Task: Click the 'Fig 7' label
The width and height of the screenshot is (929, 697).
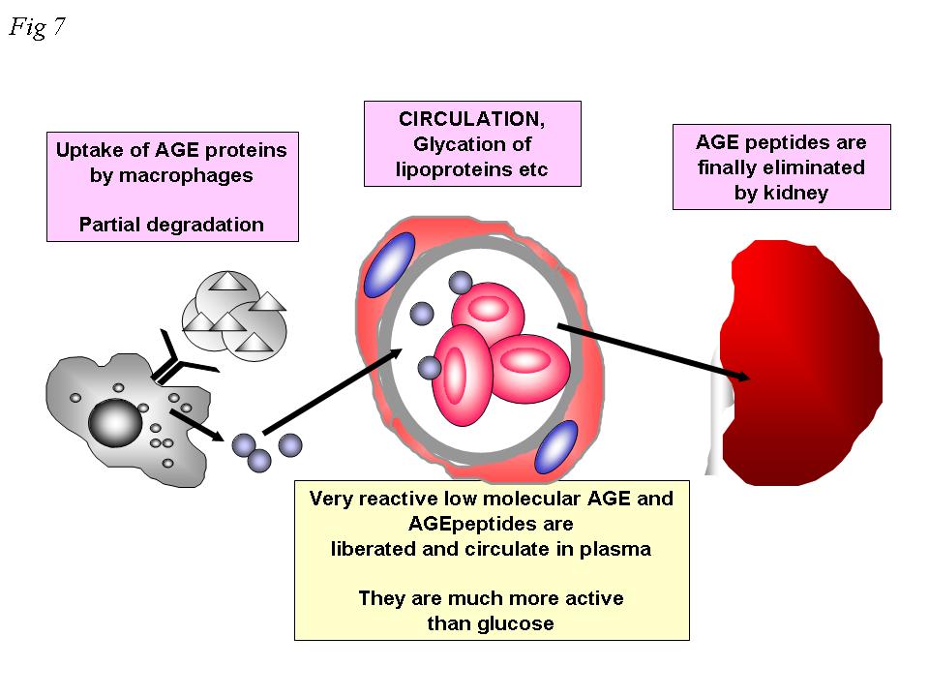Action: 37,27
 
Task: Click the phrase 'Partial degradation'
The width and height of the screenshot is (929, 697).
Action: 171,225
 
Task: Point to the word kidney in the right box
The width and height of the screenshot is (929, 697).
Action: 781,192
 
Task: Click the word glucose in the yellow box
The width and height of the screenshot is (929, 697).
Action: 516,623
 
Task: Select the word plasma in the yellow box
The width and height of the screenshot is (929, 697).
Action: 618,549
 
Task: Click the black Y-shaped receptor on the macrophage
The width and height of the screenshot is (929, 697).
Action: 179,359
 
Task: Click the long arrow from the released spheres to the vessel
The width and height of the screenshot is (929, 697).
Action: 334,392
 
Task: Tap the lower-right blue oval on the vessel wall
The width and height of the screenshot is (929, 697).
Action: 555,447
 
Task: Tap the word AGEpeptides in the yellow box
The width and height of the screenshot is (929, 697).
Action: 491,524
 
